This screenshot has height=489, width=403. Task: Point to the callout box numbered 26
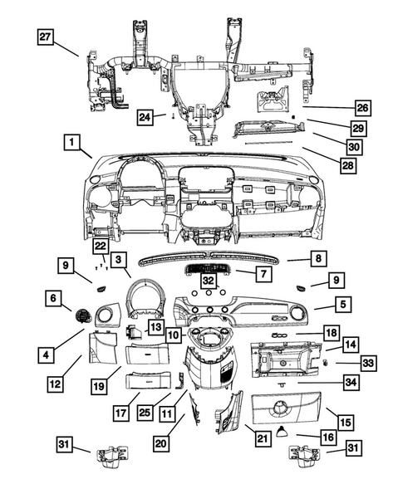coord(362,108)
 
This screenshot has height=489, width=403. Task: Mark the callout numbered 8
coord(317,259)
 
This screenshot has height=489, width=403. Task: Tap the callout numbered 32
coord(208,281)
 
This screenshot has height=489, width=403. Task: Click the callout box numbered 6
coord(54,297)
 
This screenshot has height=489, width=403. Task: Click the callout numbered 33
coord(368,363)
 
